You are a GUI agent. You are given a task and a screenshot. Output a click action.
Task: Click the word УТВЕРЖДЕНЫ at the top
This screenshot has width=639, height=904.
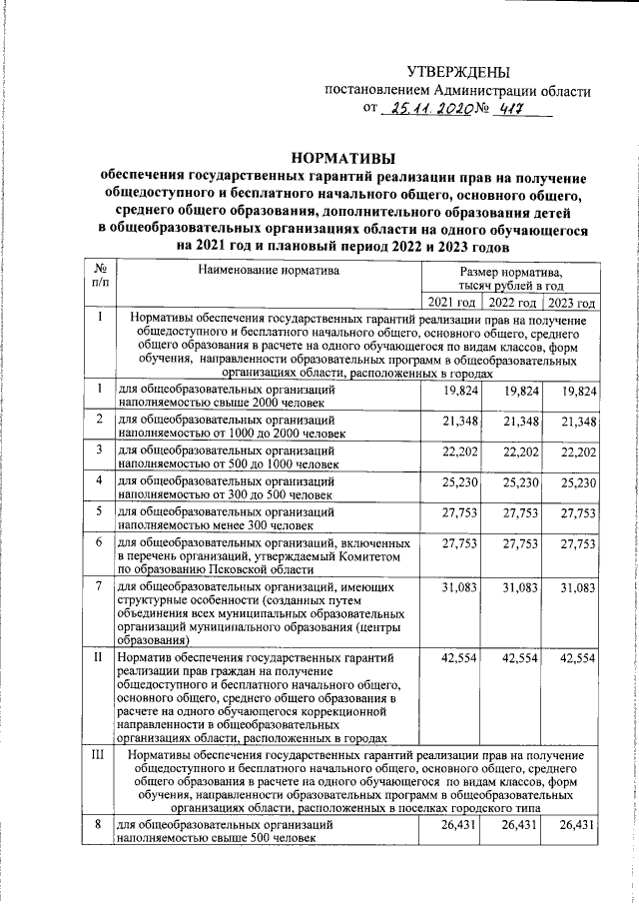pos(458,72)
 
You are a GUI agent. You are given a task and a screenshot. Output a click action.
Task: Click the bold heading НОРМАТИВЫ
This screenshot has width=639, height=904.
pos(342,157)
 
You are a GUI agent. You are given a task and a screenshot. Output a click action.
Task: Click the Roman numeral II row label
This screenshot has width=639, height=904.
pos(99,658)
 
